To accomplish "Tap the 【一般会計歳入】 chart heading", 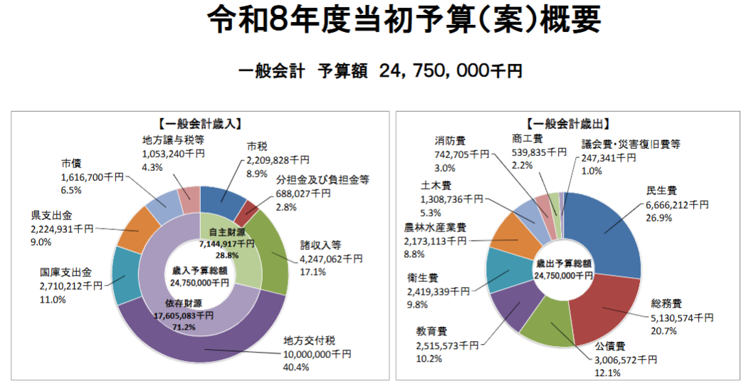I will [x=201, y=123].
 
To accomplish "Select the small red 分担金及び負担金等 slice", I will [x=249, y=212].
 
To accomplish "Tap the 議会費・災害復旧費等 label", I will [x=631, y=144].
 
